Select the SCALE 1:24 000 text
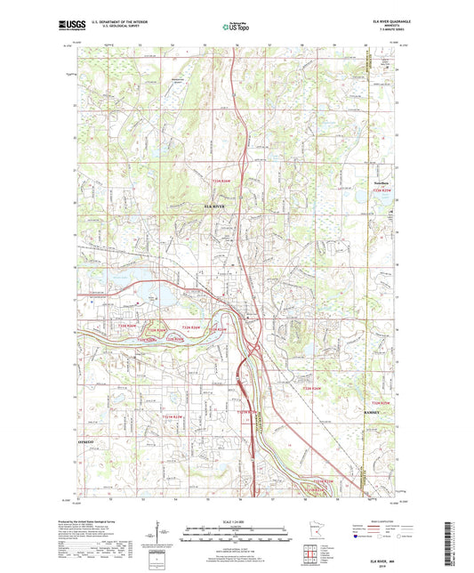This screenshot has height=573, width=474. [x=236, y=521]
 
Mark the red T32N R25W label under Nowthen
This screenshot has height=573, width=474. [x=381, y=191]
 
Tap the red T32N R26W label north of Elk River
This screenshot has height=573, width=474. [x=226, y=181]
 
